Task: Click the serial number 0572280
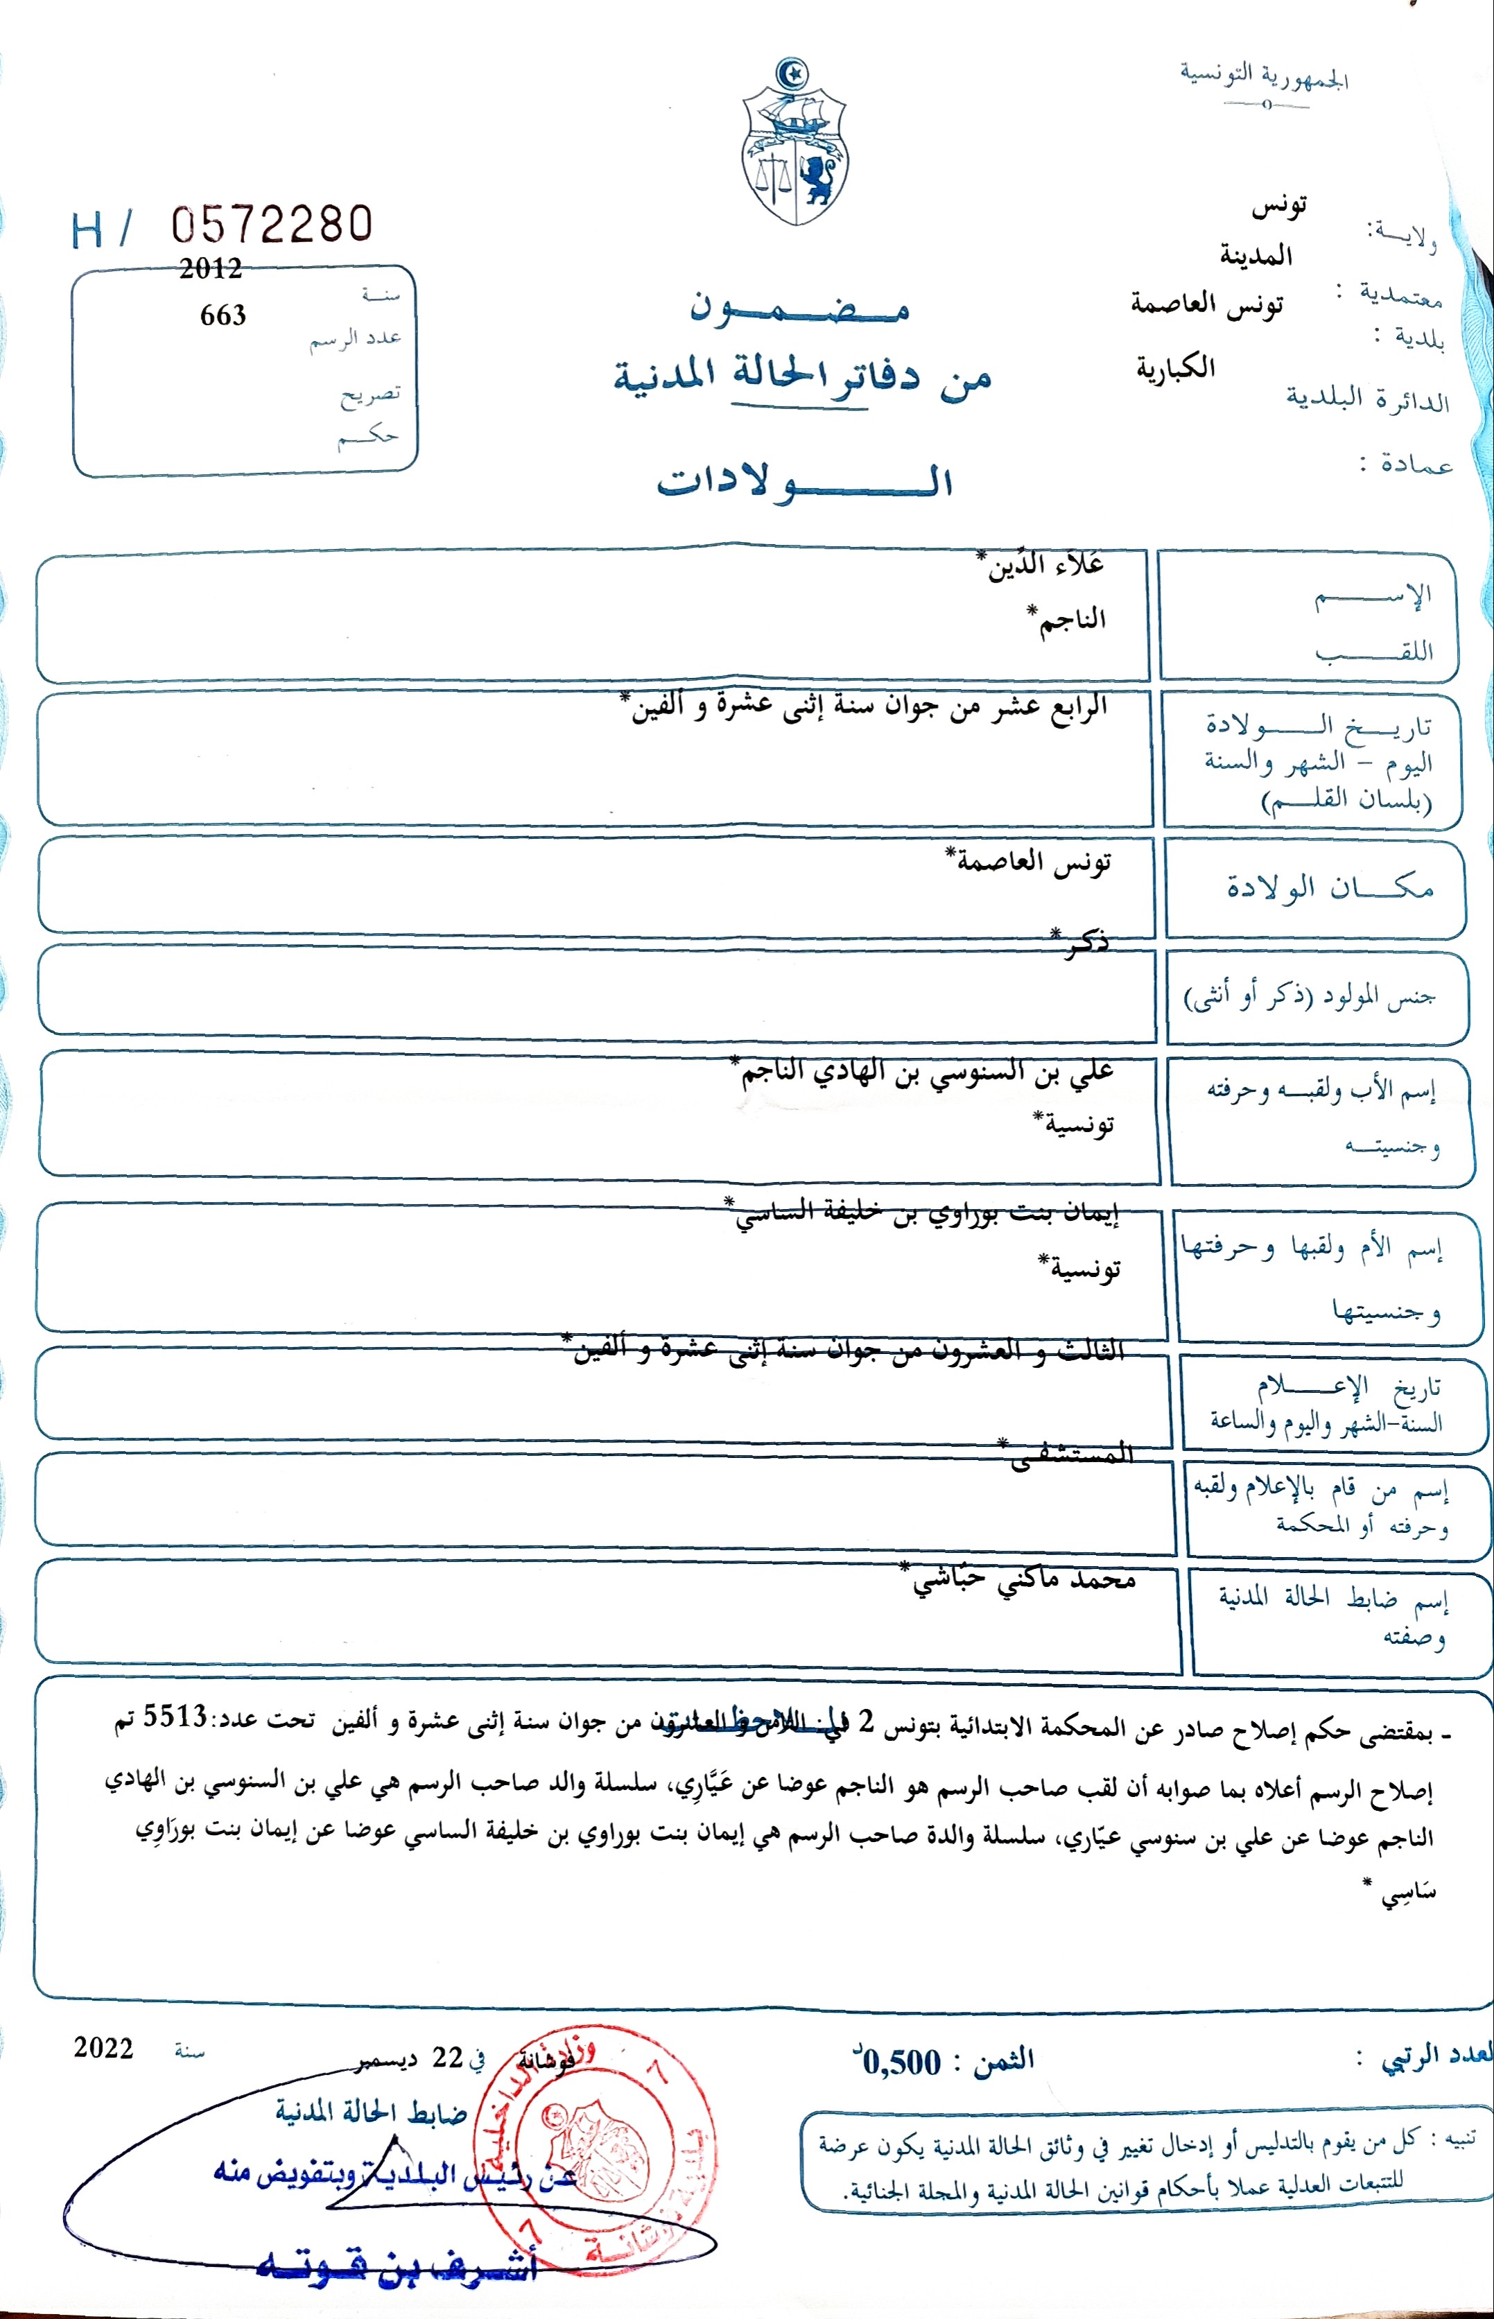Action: tap(272, 225)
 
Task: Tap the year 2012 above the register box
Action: tap(209, 269)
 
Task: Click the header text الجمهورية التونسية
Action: tap(1263, 75)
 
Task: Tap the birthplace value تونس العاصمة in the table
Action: tap(1033, 861)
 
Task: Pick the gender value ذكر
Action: tap(1084, 941)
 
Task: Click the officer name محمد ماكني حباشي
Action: tap(1023, 1580)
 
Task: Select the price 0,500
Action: tap(902, 2062)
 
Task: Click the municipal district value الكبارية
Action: tap(1176, 367)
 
